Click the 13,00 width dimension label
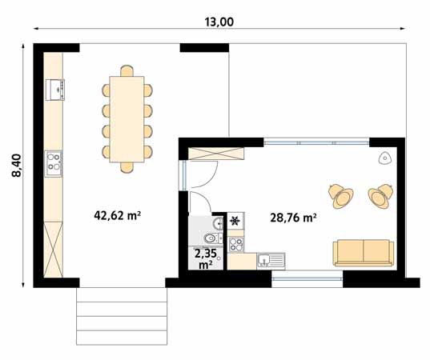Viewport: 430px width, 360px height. click(x=219, y=22)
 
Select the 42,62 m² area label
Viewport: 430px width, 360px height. click(x=118, y=215)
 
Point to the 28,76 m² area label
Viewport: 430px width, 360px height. click(x=293, y=217)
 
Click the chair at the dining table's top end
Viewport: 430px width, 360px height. click(x=127, y=70)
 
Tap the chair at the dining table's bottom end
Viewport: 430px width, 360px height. click(x=127, y=166)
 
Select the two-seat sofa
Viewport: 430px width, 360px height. click(x=364, y=252)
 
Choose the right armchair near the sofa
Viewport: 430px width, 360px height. click(x=380, y=194)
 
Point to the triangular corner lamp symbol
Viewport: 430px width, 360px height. click(x=386, y=158)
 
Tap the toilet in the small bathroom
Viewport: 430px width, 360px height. click(x=210, y=238)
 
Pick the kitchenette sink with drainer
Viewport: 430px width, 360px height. click(x=271, y=260)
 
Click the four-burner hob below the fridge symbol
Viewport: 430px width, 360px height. click(x=236, y=243)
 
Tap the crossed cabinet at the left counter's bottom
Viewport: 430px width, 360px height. click(x=54, y=250)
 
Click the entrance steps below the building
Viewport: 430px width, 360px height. click(x=123, y=315)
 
